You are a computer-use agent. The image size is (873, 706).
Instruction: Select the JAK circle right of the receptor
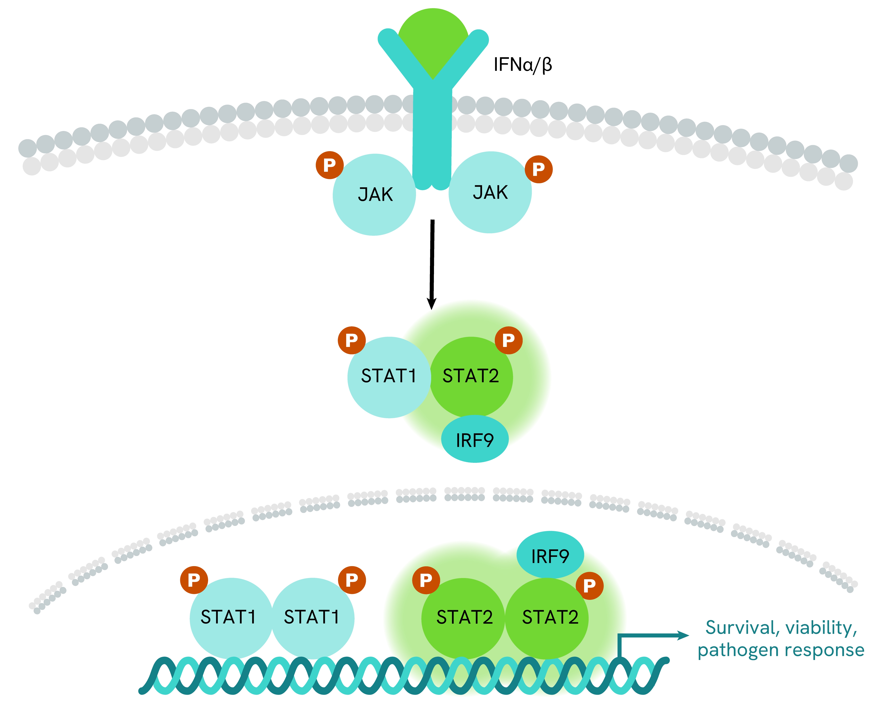tap(490, 192)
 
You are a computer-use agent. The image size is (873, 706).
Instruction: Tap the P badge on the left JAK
tap(330, 165)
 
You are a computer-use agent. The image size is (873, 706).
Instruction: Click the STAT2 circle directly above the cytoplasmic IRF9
tap(471, 376)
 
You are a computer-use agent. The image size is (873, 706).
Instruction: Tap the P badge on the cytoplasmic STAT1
tap(352, 340)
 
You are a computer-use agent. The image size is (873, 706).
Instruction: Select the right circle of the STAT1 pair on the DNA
tap(313, 617)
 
